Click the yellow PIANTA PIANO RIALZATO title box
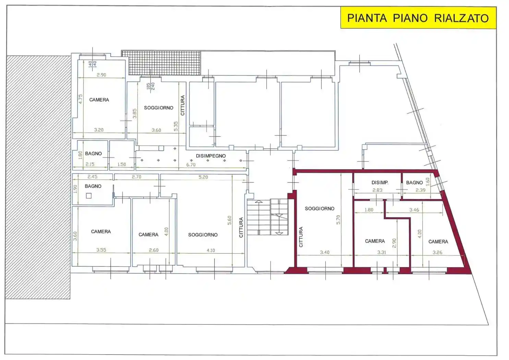click(418, 18)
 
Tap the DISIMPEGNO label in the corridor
click(211, 156)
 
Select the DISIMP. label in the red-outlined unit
click(380, 182)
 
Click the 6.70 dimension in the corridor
click(191, 165)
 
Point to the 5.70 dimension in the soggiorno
click(338, 220)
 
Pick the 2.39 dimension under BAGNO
click(420, 190)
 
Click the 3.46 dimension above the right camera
click(414, 210)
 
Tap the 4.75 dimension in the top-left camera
click(81, 99)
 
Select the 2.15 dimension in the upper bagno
click(90, 164)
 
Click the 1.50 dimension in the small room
click(122, 164)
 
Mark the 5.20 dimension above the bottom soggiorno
click(203, 177)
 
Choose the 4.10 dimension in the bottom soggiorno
click(211, 250)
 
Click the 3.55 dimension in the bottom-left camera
click(101, 250)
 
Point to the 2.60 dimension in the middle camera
click(154, 250)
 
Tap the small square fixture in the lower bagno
click(89, 195)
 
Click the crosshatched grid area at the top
click(161, 63)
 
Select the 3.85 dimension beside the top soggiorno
click(134, 113)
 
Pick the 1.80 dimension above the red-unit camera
click(369, 210)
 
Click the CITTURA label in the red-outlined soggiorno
click(301, 237)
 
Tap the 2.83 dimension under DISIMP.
click(377, 190)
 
